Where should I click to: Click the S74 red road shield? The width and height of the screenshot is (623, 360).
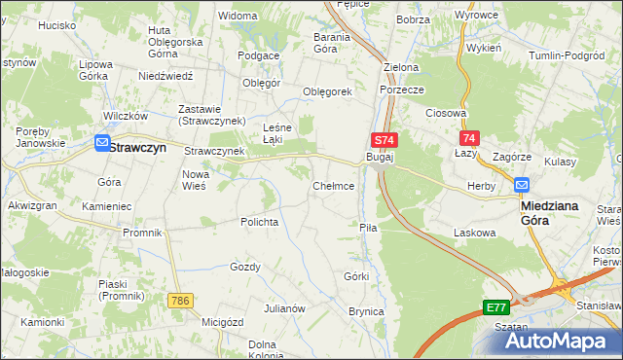tap(384, 140)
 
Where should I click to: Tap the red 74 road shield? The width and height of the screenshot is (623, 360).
tap(470, 139)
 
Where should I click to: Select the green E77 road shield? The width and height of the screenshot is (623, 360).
tap(496, 307)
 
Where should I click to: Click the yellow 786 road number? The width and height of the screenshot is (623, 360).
tap(178, 301)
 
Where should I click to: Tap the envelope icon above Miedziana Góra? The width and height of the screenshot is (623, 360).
tap(522, 185)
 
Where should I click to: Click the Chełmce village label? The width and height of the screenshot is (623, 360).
tap(332, 185)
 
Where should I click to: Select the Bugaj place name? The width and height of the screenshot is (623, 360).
tap(379, 157)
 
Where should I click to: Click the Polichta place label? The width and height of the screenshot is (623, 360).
tap(260, 222)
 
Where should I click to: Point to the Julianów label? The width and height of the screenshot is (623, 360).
tap(286, 308)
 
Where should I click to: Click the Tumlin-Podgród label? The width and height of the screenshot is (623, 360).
tap(566, 56)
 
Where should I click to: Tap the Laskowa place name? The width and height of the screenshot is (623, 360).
tap(475, 233)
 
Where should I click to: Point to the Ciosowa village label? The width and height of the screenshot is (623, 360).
tap(447, 113)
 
